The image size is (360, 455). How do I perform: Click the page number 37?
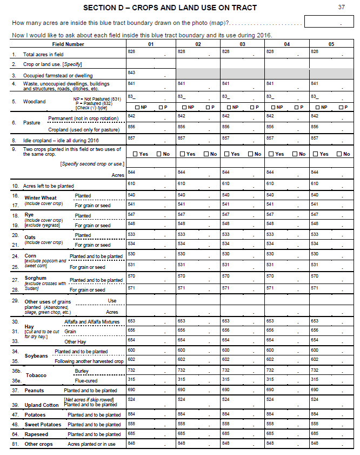click(341, 7)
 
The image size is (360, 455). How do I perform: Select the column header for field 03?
click(242, 44)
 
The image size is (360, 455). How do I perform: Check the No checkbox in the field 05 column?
click(338, 154)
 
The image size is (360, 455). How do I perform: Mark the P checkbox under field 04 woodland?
click(297, 107)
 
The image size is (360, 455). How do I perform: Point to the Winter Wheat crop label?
click(41, 198)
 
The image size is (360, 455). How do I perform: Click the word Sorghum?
click(36, 278)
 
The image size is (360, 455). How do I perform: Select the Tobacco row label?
click(36, 375)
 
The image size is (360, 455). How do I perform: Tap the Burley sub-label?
click(82, 371)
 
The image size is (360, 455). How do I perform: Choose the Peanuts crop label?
click(34, 391)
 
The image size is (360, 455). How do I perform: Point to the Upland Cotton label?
click(42, 405)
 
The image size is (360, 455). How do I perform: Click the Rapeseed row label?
click(36, 434)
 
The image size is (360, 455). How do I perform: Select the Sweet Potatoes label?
click(43, 425)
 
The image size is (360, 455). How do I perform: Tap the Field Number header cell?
click(68, 44)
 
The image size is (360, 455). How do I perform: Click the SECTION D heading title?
click(170, 8)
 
